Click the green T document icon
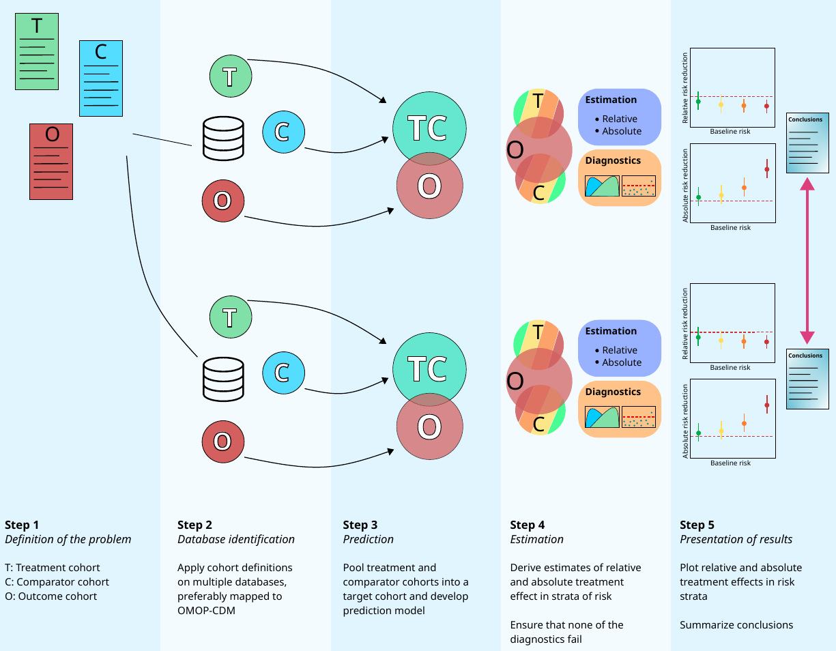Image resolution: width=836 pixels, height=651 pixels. click(x=37, y=52)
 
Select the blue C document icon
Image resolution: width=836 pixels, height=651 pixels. click(x=101, y=78)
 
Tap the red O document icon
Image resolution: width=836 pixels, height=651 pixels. click(x=51, y=161)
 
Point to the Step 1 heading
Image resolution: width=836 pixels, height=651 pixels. click(x=22, y=525)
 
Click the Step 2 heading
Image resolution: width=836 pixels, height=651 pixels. click(x=194, y=525)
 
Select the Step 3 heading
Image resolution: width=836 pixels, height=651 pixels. click(x=360, y=525)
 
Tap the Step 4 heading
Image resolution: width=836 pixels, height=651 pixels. click(x=528, y=525)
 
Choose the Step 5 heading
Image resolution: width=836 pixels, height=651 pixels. click(x=697, y=525)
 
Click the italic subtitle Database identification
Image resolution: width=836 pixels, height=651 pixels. click(x=236, y=539)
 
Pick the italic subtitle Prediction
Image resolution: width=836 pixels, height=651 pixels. click(x=368, y=539)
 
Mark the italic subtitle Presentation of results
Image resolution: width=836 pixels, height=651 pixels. click(x=736, y=539)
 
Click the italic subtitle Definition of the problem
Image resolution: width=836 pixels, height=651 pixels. click(x=68, y=539)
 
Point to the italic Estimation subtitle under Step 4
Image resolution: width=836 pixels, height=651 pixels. click(x=536, y=539)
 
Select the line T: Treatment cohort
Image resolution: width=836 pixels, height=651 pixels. click(x=52, y=568)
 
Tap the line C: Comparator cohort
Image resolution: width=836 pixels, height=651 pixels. click(x=57, y=582)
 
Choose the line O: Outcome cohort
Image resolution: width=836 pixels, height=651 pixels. click(x=51, y=596)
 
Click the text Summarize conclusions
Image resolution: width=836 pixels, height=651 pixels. click(x=736, y=624)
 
